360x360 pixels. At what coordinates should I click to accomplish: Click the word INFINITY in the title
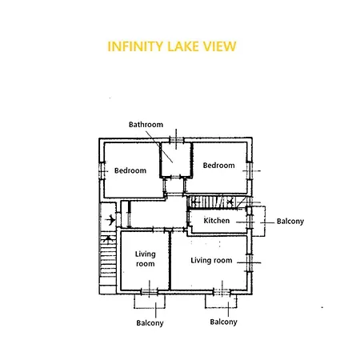[135, 46]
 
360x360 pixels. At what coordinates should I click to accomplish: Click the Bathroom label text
[146, 125]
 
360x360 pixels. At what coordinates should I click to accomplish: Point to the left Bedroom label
[130, 170]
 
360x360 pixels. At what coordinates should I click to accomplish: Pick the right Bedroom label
[219, 166]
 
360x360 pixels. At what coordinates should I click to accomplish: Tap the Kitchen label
[217, 221]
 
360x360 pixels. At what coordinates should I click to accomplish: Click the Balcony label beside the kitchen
[290, 222]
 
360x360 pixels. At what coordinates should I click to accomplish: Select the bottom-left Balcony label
[150, 323]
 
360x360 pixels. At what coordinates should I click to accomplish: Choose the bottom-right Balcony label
[223, 322]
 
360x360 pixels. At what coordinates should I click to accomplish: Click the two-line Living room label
[146, 258]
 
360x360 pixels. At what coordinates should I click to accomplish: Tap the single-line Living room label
[211, 260]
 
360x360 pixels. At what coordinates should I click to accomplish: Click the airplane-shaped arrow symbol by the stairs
[110, 220]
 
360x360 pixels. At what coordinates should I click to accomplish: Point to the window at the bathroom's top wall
[176, 139]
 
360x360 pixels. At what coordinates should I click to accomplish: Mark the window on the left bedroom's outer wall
[102, 170]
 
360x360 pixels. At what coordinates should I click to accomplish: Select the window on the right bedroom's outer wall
[250, 170]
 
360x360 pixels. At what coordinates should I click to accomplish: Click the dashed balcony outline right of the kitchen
[265, 221]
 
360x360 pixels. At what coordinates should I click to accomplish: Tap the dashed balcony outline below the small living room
[150, 308]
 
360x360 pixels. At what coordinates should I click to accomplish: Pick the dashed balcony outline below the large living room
[221, 307]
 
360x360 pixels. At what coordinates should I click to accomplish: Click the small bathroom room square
[176, 160]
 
